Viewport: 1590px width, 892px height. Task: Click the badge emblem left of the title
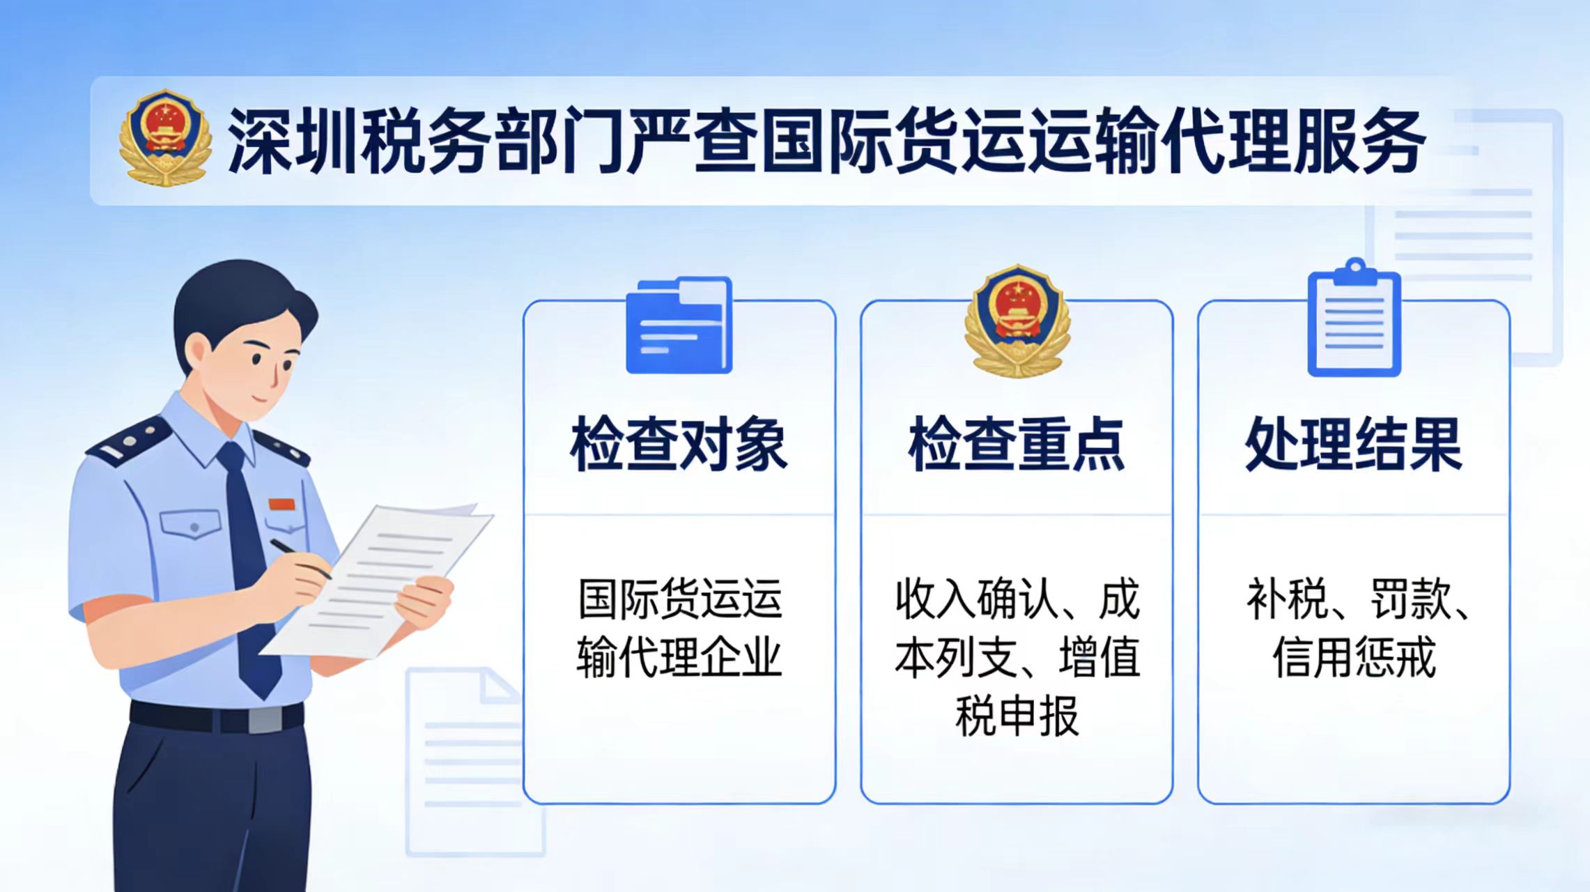coord(165,137)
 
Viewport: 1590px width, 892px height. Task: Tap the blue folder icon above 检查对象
coord(679,325)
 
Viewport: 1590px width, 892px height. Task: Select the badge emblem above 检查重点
coord(1017,321)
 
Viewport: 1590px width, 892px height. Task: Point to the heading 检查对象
coord(679,444)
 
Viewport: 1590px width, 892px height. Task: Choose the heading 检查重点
coord(1017,444)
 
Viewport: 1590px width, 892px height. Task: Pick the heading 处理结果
coord(1354,444)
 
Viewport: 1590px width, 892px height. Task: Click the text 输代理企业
coord(679,656)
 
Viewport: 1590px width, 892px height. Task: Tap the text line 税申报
coord(1017,716)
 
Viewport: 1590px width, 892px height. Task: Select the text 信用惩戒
coord(1354,656)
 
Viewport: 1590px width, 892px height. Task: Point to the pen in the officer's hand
coord(300,558)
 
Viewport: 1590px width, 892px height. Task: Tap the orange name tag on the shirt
coord(282,504)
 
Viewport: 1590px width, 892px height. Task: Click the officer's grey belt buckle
coord(265,719)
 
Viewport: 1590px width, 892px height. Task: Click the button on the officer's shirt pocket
coord(194,527)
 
